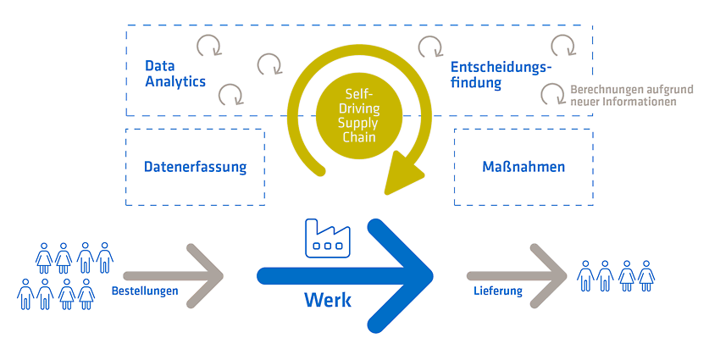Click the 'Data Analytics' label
[175, 74]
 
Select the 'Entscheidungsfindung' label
[501, 75]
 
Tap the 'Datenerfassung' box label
[195, 167]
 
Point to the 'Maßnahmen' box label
[523, 167]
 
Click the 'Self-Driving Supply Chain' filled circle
[359, 116]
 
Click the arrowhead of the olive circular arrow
[402, 174]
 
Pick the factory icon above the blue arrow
[324, 238]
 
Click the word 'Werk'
[328, 301]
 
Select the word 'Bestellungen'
[145, 291]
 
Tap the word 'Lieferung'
[498, 291]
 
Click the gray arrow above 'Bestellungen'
[174, 276]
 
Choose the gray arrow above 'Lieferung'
[517, 276]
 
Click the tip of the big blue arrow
[433, 276]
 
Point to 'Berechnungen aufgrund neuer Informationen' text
[632, 96]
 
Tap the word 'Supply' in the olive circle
[359, 124]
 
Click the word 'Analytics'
[175, 81]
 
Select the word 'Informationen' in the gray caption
[647, 102]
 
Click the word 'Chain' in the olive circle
[359, 137]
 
